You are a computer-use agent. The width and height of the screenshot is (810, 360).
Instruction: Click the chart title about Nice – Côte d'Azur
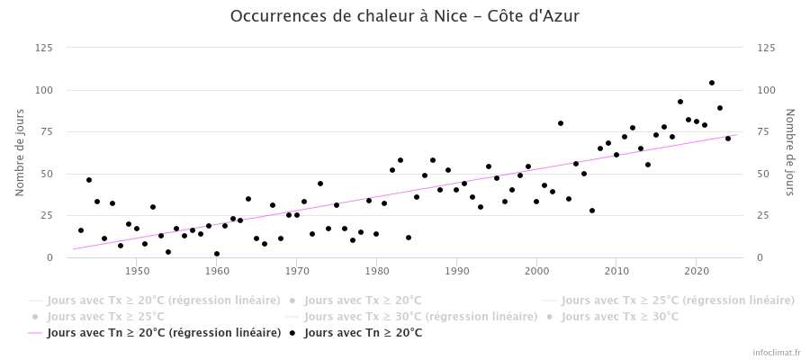405,16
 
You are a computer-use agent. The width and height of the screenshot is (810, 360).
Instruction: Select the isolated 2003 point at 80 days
561,123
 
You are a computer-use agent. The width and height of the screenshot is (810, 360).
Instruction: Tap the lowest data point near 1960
217,254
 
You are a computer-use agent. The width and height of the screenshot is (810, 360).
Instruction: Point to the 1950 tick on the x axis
137,271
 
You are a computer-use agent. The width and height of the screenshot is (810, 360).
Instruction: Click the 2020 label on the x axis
696,271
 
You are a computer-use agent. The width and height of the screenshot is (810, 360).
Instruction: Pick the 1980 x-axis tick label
376,271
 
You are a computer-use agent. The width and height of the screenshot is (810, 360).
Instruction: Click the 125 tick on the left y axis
43,48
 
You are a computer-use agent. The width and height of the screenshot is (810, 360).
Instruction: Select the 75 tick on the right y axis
767,131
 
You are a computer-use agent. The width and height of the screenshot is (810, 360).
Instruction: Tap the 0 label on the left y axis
50,257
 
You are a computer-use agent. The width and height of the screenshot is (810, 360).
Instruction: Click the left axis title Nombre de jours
20,153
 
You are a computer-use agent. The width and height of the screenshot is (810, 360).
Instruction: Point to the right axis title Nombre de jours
790,153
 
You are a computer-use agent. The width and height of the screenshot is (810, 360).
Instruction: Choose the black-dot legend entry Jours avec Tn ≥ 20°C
363,333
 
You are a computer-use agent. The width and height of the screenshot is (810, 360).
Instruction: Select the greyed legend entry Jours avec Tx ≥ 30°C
620,317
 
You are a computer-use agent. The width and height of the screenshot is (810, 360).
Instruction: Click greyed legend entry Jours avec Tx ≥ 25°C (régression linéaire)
678,301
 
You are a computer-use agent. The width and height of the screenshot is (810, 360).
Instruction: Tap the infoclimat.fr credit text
777,353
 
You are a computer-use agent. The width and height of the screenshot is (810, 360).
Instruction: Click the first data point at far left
81,230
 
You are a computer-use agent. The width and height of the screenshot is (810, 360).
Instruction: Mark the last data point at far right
728,139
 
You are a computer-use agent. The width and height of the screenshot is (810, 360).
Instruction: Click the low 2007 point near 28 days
592,211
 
